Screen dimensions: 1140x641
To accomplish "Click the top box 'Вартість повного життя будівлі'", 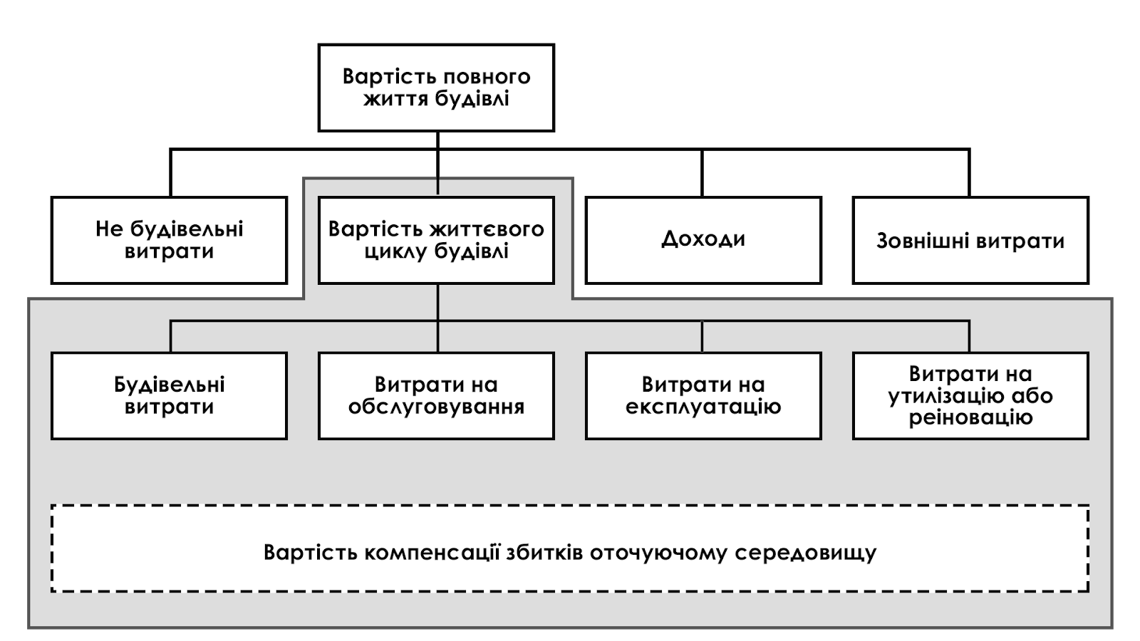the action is pyautogui.click(x=436, y=88).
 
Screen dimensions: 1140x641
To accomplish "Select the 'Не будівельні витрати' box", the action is pyautogui.click(x=169, y=240).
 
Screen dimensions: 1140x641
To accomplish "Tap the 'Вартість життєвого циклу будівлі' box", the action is pyautogui.click(x=436, y=240).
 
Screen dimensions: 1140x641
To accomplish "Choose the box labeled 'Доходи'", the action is pyautogui.click(x=703, y=240).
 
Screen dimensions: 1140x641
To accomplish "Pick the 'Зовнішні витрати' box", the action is pyautogui.click(x=970, y=240).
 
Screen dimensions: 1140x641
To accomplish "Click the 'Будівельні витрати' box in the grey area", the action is pyautogui.click(x=169, y=396).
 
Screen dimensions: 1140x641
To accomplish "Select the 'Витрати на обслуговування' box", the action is pyautogui.click(x=436, y=396).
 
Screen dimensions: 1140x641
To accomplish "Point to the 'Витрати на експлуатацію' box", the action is pyautogui.click(x=703, y=396).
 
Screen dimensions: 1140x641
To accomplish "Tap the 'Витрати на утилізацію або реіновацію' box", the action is pyautogui.click(x=970, y=396).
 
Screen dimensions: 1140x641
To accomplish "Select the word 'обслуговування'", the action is pyautogui.click(x=436, y=407).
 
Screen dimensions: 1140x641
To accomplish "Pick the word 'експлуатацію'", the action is pyautogui.click(x=703, y=407).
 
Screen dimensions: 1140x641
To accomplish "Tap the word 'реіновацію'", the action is pyautogui.click(x=970, y=418).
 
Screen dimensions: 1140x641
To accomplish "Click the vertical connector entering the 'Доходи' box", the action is pyautogui.click(x=703, y=173).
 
